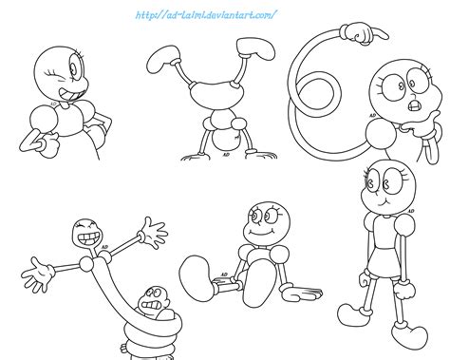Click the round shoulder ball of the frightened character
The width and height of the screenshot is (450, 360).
(380, 146)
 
